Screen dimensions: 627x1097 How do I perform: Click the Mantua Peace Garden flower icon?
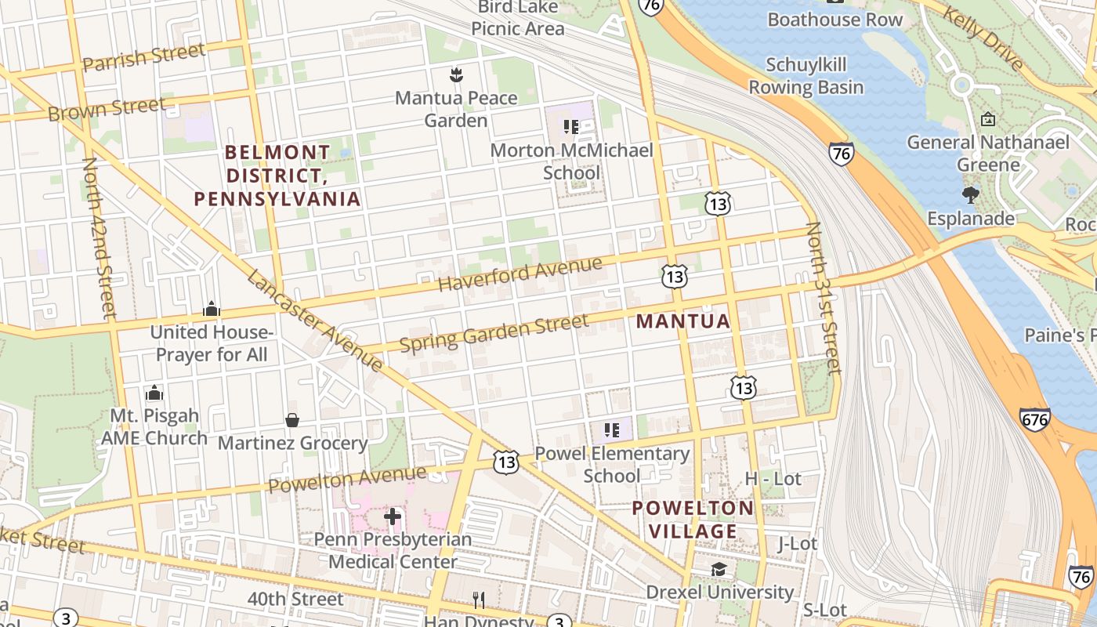pos(456,75)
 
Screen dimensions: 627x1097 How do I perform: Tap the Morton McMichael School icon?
pos(570,126)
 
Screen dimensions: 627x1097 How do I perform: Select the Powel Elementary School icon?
pos(612,429)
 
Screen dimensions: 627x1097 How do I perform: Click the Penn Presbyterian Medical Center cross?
pos(393,516)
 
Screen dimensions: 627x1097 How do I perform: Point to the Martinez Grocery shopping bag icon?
pos(292,421)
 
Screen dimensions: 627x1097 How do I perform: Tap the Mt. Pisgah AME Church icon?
pos(154,392)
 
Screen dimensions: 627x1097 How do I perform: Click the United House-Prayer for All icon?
pos(211,310)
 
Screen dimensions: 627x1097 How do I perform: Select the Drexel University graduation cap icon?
pos(719,570)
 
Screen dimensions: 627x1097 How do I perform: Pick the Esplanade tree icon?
pos(971,195)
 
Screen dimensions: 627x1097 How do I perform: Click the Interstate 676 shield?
pos(1034,419)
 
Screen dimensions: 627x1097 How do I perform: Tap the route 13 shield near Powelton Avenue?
pos(506,462)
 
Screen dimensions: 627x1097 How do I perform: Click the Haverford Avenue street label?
pos(520,274)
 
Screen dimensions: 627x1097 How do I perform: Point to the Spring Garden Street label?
pos(494,333)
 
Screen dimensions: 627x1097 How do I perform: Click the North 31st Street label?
pos(823,298)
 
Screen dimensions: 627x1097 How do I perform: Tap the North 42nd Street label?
pos(99,237)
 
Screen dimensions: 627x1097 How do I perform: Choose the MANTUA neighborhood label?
pos(682,321)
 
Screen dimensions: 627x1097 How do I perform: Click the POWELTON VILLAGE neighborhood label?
pos(693,520)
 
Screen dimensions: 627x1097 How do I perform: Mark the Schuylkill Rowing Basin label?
pos(806,76)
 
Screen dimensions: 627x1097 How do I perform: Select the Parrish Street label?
pos(143,59)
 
